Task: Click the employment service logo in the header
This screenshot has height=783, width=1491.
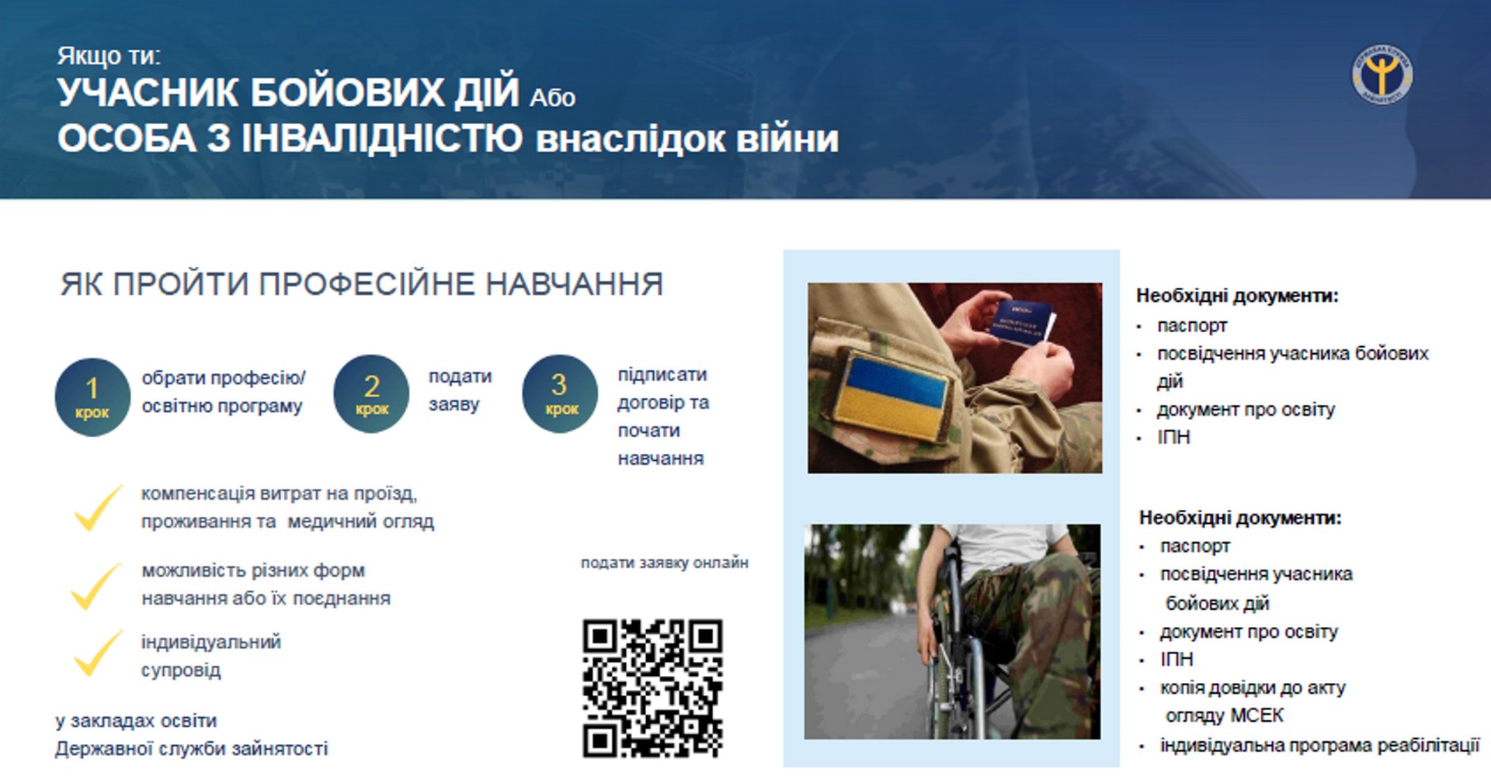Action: (1382, 74)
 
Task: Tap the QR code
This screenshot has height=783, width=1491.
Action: (652, 688)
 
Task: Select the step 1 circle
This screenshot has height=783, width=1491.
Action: (92, 397)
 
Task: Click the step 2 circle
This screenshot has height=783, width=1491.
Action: (371, 393)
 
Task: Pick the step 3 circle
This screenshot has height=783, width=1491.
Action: (560, 393)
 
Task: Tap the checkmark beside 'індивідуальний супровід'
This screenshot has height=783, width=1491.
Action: (97, 653)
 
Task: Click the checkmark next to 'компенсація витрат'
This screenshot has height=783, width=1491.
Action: (97, 508)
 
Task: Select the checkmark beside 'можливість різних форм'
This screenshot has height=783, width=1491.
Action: (96, 586)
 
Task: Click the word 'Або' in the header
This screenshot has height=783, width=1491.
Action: (552, 98)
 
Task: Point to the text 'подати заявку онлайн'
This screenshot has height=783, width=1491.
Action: (665, 563)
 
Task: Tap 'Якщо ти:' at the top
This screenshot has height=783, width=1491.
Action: (109, 56)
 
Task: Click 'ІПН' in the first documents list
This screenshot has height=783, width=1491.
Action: (1173, 437)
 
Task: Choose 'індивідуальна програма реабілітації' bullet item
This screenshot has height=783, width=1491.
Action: (1319, 746)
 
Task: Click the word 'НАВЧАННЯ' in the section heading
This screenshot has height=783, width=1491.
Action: (575, 284)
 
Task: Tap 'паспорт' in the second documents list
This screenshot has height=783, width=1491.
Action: (1195, 546)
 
